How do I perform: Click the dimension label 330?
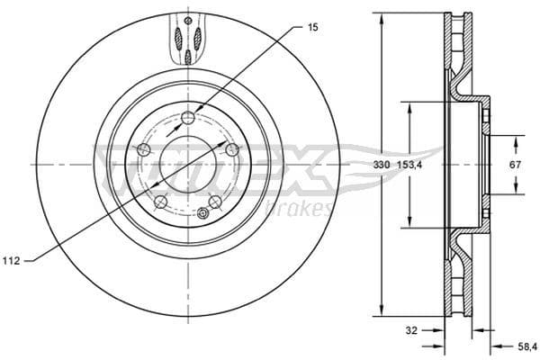(381, 166)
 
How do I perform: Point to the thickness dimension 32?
(411, 330)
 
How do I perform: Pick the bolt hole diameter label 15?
(312, 28)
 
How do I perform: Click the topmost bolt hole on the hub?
(186, 117)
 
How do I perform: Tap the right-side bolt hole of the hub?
(231, 149)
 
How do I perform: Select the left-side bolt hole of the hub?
(142, 149)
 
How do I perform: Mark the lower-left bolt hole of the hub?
(159, 201)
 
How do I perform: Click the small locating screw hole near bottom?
(203, 213)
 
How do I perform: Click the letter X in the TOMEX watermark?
(307, 172)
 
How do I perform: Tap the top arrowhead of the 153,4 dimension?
(411, 106)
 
